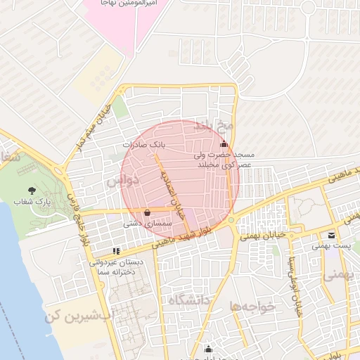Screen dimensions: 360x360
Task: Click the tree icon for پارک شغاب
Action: click(x=32, y=191)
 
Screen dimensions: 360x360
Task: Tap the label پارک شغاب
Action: click(x=34, y=202)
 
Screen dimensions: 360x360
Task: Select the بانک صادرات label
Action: click(x=143, y=143)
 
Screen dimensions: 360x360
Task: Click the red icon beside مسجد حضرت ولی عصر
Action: click(x=224, y=145)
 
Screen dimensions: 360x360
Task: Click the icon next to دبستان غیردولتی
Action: click(x=116, y=250)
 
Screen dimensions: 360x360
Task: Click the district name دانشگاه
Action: click(x=189, y=301)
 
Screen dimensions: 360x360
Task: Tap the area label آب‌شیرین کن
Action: click(x=78, y=317)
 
